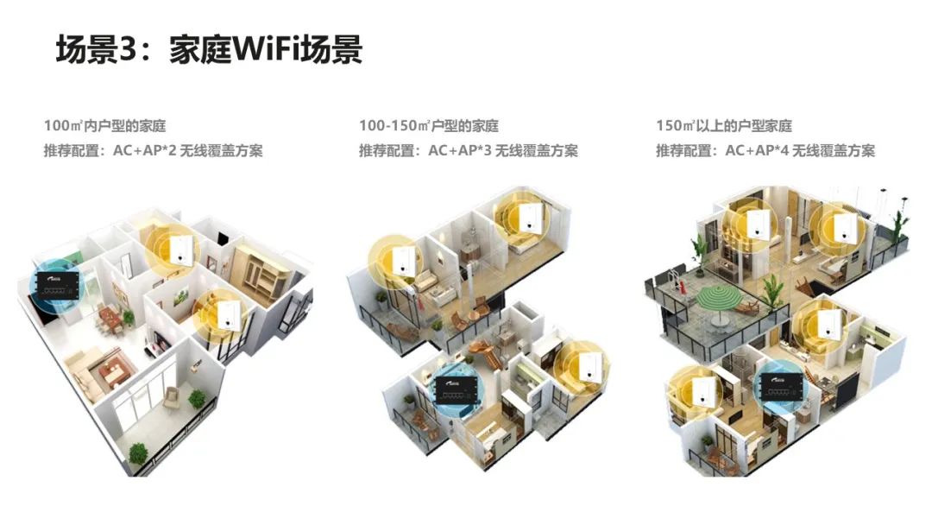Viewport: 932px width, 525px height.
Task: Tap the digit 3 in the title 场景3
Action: (x=129, y=49)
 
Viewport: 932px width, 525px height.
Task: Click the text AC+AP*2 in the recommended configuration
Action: (x=145, y=150)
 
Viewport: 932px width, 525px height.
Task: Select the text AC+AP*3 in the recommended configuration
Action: (x=460, y=150)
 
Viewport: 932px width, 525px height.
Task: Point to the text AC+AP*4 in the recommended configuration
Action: (x=758, y=150)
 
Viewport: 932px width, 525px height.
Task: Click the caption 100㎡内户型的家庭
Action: (x=104, y=126)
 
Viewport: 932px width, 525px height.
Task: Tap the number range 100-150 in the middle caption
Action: (x=388, y=126)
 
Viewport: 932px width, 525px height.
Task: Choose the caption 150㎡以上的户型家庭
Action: (x=724, y=126)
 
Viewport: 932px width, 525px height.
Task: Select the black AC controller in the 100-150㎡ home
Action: (x=457, y=389)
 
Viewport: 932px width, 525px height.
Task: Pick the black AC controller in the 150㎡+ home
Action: (x=781, y=387)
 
